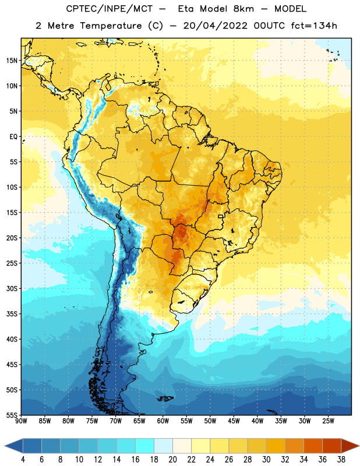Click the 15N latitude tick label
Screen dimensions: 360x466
click(12, 61)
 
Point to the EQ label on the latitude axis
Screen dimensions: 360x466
click(13, 137)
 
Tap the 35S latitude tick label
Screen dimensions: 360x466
click(12, 314)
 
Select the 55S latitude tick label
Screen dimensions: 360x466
click(12, 415)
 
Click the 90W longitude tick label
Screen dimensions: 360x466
click(21, 421)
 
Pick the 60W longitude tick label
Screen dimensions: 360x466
click(163, 421)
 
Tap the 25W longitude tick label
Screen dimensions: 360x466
click(328, 421)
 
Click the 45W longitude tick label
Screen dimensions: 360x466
click(234, 421)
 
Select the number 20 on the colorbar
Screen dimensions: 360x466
click(172, 460)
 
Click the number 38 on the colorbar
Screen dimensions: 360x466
click(341, 460)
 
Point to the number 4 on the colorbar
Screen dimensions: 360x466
click(23, 460)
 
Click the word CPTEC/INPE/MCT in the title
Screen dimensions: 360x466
click(110, 9)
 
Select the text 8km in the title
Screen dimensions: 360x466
click(243, 9)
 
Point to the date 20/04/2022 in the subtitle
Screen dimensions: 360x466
click(215, 26)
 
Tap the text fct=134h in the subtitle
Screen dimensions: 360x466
click(314, 26)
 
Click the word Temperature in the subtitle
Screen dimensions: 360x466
click(111, 26)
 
